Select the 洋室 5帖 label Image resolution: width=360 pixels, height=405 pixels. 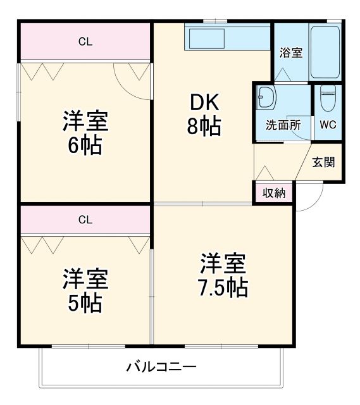click(x=85, y=290)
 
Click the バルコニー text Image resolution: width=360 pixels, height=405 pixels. click(x=161, y=366)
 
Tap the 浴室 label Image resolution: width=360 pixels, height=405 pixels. click(x=291, y=53)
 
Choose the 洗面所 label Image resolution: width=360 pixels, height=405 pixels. click(x=282, y=125)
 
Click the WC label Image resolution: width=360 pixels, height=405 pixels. click(x=328, y=125)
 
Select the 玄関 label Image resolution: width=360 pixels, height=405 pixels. click(x=323, y=161)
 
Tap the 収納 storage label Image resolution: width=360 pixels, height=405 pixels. click(x=274, y=194)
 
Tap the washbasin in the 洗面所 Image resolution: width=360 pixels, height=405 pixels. click(x=266, y=99)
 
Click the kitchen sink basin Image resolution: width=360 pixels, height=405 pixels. click(x=204, y=40)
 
